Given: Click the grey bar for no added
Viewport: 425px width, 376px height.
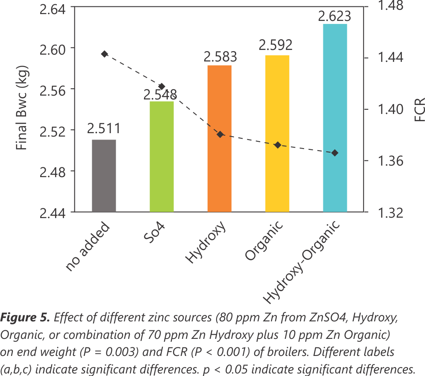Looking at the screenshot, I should click(104, 175).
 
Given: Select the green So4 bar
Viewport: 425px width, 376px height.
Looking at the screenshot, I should click(161, 156).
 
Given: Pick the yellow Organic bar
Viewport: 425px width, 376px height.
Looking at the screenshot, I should click(277, 133).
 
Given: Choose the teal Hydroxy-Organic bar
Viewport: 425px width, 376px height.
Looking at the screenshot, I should click(335, 118).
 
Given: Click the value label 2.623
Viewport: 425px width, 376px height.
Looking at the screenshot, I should click(334, 16).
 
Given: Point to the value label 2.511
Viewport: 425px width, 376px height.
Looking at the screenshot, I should click(104, 128).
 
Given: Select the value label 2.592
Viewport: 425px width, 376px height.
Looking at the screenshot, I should click(277, 44).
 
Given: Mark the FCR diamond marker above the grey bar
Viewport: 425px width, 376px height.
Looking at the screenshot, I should click(105, 54).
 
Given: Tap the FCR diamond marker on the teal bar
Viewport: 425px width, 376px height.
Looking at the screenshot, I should click(335, 153).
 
